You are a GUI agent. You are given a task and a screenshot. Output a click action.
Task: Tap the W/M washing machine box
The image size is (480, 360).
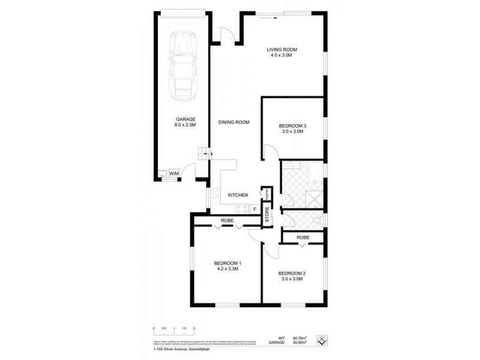(174, 173)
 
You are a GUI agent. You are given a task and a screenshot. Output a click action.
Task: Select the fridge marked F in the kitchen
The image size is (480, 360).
(254, 209)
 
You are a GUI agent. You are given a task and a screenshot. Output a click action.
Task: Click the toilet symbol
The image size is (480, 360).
(319, 223)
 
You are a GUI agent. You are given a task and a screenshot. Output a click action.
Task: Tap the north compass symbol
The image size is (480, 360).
(322, 340)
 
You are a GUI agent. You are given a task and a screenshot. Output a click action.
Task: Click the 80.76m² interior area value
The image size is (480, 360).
(299, 338)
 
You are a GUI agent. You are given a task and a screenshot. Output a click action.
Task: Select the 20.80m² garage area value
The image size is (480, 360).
(299, 343)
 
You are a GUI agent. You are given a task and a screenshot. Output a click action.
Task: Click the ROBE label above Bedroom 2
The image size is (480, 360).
(303, 237)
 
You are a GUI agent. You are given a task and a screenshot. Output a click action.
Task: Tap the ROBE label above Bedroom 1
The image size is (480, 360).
(227, 221)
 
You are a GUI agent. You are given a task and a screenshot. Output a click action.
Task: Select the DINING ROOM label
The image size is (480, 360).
(233, 122)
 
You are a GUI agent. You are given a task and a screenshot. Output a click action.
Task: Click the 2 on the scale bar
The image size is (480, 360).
(194, 328)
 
